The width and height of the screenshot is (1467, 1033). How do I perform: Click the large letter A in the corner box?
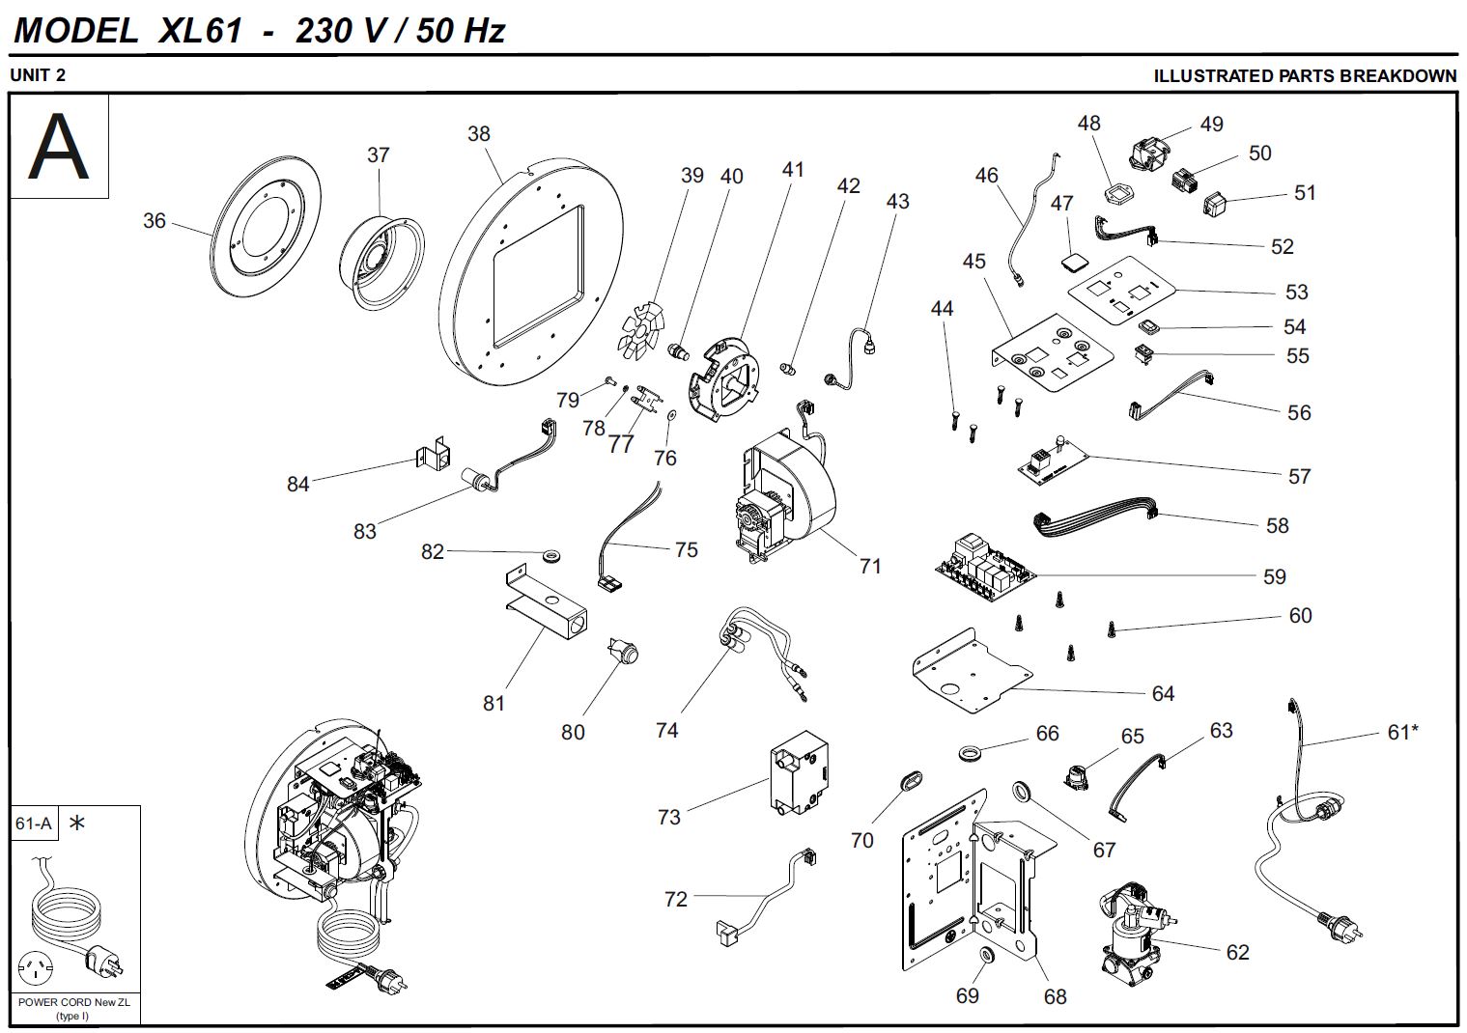click(x=59, y=148)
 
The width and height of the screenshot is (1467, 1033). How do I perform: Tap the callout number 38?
click(x=479, y=134)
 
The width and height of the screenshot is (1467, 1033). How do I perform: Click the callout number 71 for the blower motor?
click(x=870, y=567)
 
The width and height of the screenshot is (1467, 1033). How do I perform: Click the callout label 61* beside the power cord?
click(x=1402, y=733)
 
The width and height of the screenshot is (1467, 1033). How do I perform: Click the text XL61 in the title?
click(x=200, y=31)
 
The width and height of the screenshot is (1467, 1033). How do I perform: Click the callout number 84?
click(x=297, y=484)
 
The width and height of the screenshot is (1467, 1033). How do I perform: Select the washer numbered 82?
click(x=553, y=556)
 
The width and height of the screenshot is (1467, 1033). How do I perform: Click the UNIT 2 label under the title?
click(x=38, y=75)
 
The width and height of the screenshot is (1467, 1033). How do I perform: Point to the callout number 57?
click(x=1299, y=476)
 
